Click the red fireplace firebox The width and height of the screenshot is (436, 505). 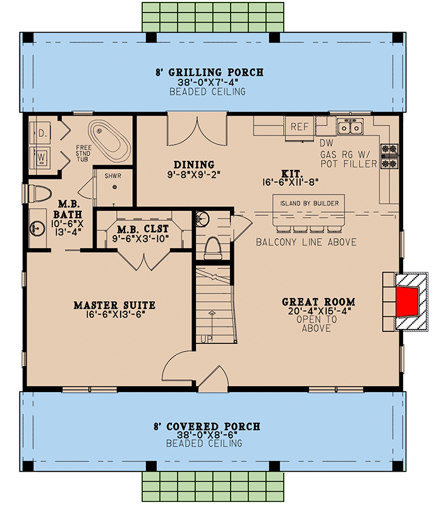pos(406,300)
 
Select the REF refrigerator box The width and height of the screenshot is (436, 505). pos(299,126)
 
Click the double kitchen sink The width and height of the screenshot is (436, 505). pos(349,128)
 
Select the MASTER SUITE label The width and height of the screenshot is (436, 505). pos(114,306)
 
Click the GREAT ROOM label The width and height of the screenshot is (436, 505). pos(318,302)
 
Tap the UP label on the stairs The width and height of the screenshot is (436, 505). pos(207,339)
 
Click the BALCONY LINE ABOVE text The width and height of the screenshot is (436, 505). pos(306,242)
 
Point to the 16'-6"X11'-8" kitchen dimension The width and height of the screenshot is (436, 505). pos(300,182)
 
